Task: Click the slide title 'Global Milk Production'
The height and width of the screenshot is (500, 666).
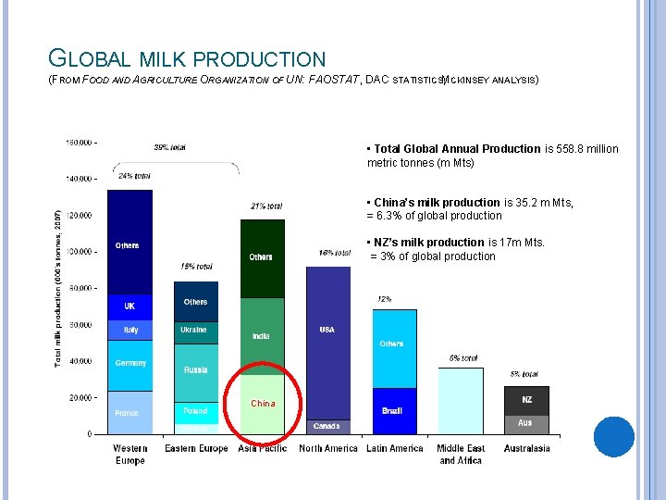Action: pyautogui.click(x=187, y=59)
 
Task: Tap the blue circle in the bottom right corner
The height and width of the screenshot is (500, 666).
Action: pyautogui.click(x=614, y=436)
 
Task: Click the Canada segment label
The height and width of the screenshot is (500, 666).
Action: pyautogui.click(x=327, y=426)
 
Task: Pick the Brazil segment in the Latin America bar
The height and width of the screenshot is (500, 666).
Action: pyautogui.click(x=393, y=410)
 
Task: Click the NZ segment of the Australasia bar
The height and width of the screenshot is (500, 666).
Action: pyautogui.click(x=525, y=400)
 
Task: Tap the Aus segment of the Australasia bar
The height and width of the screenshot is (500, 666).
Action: pyautogui.click(x=525, y=423)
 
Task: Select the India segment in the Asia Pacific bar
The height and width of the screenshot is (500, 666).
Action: pyautogui.click(x=262, y=336)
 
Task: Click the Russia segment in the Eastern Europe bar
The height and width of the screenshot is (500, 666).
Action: pyautogui.click(x=195, y=370)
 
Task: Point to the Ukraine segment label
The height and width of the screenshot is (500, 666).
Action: pyautogui.click(x=195, y=330)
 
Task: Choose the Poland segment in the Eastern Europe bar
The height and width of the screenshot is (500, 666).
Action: pyautogui.click(x=195, y=411)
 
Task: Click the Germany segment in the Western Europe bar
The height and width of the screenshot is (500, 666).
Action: pyautogui.click(x=130, y=364)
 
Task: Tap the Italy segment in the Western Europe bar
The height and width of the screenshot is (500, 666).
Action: pyautogui.click(x=130, y=330)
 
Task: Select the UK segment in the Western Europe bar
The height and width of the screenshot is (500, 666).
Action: pyautogui.click(x=130, y=306)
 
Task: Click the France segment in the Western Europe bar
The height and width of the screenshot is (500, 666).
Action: pyautogui.click(x=130, y=413)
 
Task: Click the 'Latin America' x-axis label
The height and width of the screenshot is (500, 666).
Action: pyautogui.click(x=394, y=449)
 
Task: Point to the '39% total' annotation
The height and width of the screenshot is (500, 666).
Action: pyautogui.click(x=170, y=147)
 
